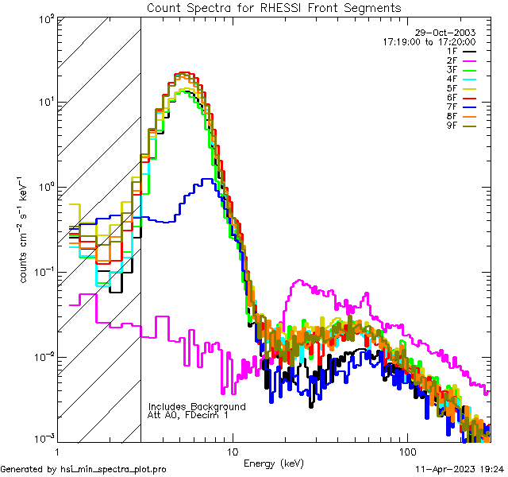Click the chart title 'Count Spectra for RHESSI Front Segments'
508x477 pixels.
pos(274,7)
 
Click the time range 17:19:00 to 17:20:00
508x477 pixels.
pos(429,41)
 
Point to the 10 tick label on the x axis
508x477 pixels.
pos(233,452)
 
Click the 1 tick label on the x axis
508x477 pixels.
pos(57,452)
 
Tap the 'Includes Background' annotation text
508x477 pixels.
pos(197,406)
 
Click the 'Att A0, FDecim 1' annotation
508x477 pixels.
pos(189,415)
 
